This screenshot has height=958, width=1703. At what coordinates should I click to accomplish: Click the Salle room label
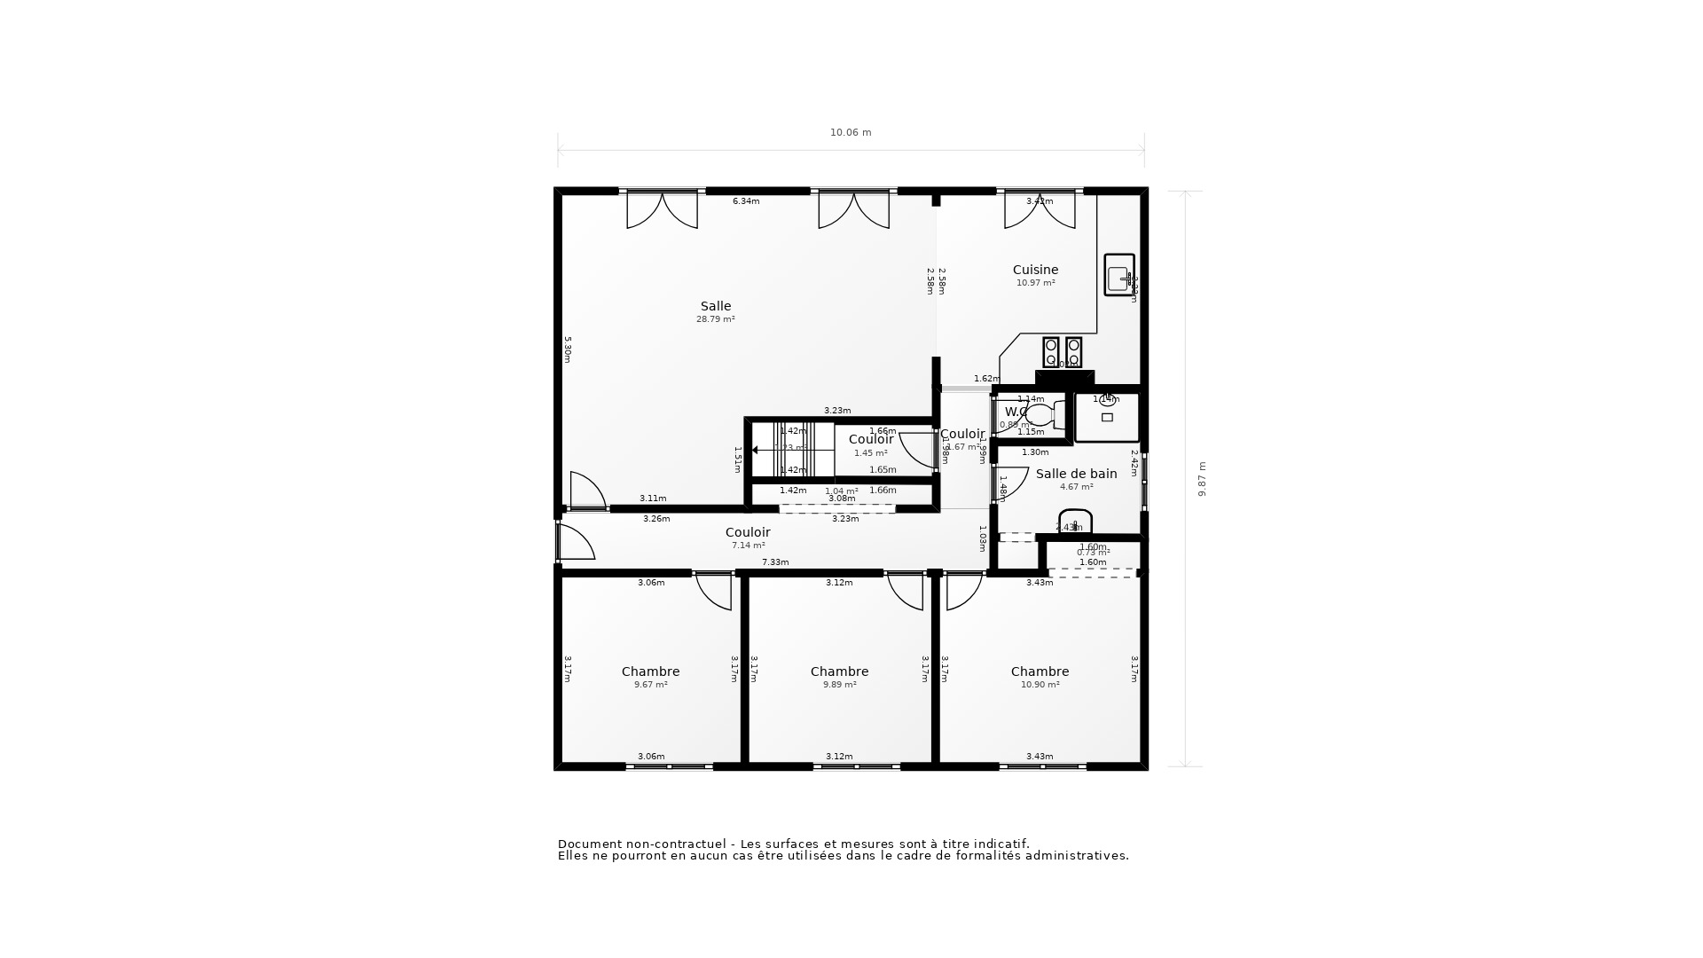[x=716, y=307]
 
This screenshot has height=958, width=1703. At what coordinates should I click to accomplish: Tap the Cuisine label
[x=1035, y=270]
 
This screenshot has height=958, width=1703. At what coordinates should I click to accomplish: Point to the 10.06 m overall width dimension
[x=851, y=133]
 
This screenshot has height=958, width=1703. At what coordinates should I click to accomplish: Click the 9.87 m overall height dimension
[x=1203, y=479]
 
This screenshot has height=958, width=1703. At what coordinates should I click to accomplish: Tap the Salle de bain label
[x=1076, y=474]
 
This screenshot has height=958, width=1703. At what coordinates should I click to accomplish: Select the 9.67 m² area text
[x=650, y=685]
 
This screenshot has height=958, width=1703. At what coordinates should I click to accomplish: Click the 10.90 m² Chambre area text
[x=1040, y=685]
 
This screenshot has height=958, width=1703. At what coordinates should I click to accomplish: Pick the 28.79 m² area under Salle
[x=715, y=319]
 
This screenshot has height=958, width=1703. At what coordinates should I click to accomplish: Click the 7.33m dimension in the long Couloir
[x=775, y=562]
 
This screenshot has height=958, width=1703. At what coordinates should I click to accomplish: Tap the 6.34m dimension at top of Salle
[x=746, y=201]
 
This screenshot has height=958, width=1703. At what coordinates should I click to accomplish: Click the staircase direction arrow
[x=756, y=450]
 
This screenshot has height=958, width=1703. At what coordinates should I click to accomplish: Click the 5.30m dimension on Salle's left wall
[x=568, y=349]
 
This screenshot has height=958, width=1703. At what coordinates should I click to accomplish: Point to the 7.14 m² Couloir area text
[x=748, y=546]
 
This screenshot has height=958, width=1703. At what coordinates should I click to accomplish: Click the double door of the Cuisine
[x=1040, y=211]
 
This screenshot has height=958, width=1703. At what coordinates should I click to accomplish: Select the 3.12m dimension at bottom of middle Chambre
[x=839, y=757]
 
